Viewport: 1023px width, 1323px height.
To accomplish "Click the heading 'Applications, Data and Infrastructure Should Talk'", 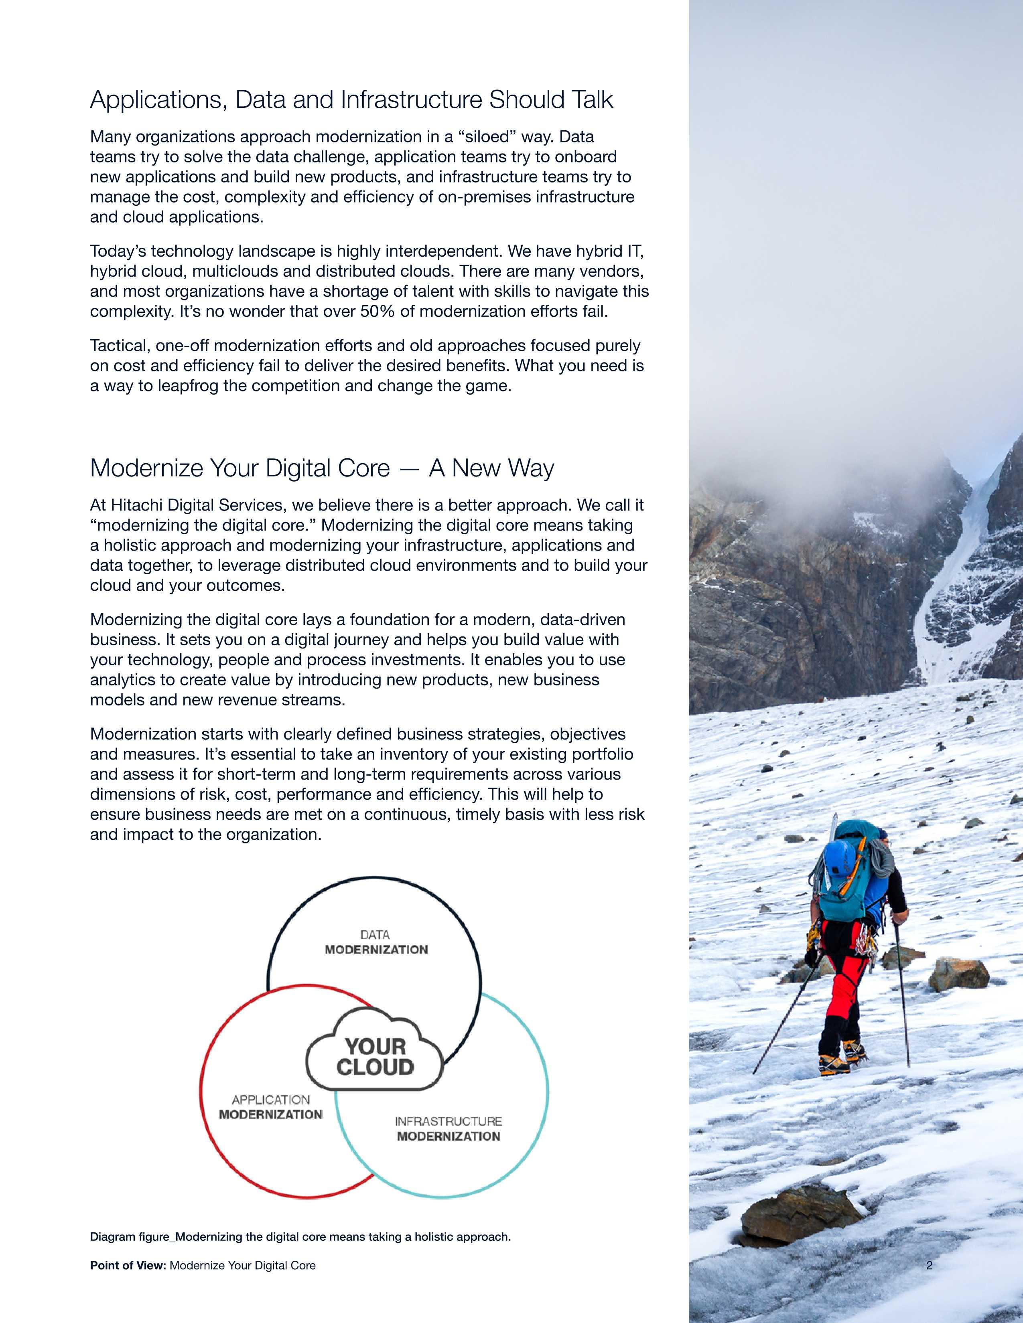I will pyautogui.click(x=351, y=100).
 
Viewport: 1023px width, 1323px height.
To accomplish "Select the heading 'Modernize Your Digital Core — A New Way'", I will pyautogui.click(x=322, y=468).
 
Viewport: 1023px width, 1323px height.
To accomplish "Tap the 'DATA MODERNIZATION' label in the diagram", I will pyautogui.click(x=376, y=942).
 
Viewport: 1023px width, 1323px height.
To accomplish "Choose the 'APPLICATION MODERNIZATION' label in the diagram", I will pyautogui.click(x=270, y=1107).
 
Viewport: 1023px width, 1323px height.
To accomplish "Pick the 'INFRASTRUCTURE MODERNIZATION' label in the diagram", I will pyautogui.click(x=449, y=1129).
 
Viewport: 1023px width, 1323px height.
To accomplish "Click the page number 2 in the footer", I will pyautogui.click(x=929, y=1265).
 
